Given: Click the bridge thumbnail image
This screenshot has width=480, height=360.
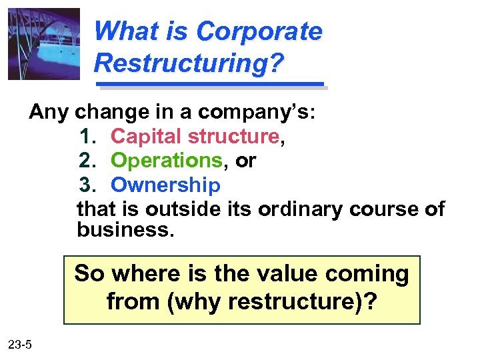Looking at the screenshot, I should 44,44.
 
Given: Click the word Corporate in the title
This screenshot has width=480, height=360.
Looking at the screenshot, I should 259,31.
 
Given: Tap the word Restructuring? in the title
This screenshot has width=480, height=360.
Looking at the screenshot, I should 189,63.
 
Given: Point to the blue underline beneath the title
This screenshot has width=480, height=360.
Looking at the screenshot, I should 210,85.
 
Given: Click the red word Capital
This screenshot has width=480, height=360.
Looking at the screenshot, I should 147,136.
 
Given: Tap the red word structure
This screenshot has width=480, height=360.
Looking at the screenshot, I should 233,136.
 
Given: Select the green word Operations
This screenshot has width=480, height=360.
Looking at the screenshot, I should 166,161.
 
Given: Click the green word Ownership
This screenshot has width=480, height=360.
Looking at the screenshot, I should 165,185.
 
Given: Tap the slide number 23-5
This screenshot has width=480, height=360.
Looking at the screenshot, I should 24,344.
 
